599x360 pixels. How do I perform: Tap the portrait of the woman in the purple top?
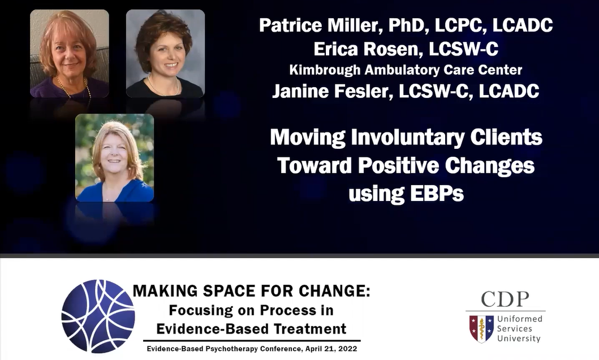[x=70, y=54]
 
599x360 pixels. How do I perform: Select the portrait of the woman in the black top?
[x=165, y=54]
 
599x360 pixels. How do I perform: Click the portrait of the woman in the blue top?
[x=115, y=157]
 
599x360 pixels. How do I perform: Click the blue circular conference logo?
[x=98, y=316]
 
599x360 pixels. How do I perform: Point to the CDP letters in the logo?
[x=505, y=299]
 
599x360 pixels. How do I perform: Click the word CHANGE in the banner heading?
[x=334, y=291]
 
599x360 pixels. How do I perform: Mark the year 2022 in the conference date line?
[x=348, y=349]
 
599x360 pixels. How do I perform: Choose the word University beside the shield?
[x=519, y=338]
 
